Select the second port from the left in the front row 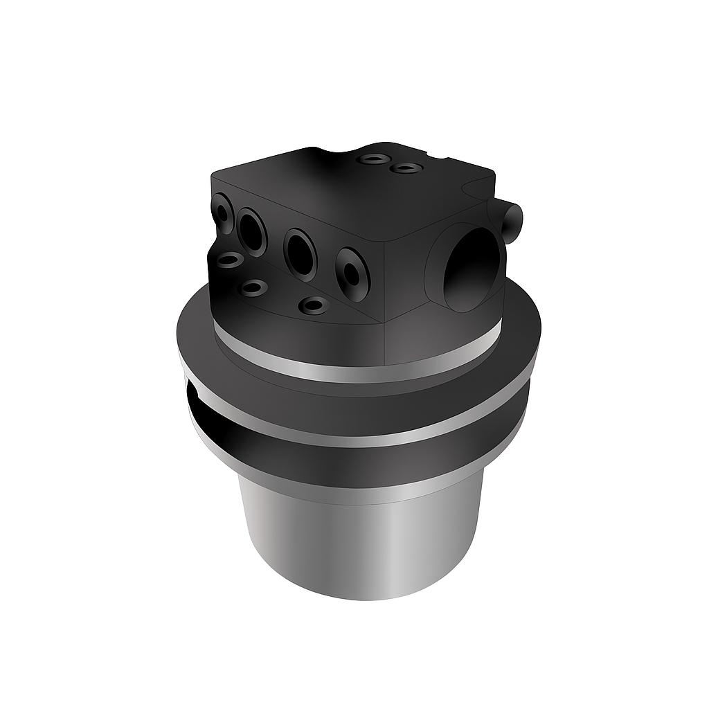click(x=251, y=231)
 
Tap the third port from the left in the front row click(x=300, y=253)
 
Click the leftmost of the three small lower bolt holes click(x=229, y=260)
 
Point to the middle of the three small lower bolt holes click(x=254, y=287)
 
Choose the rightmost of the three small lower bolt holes click(x=314, y=305)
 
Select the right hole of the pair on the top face click(x=405, y=168)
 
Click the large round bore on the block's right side click(x=471, y=268)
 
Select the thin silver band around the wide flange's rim click(x=360, y=433)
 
